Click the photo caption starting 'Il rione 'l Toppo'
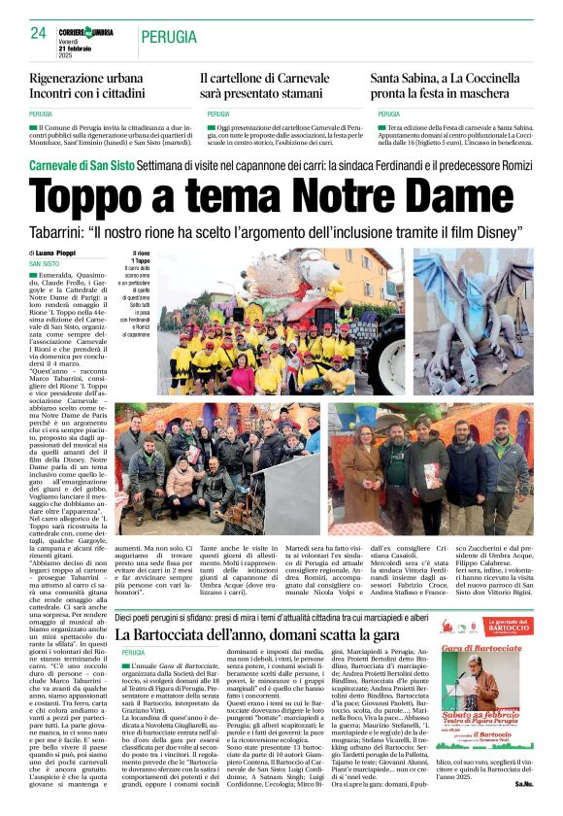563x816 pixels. pyautogui.click(x=142, y=291)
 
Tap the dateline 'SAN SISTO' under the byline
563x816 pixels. pyautogui.click(x=71, y=263)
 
